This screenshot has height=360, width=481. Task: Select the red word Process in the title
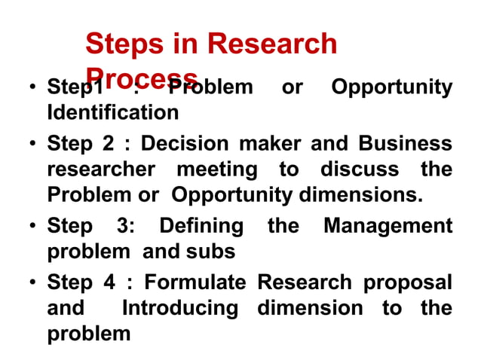pyautogui.click(x=142, y=75)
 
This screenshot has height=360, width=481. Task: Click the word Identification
pyautogui.click(x=113, y=114)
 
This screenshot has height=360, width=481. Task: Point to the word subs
pyautogui.click(x=216, y=251)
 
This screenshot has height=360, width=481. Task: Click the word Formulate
pyautogui.click(x=195, y=282)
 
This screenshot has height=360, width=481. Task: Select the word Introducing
pyautogui.click(x=179, y=308)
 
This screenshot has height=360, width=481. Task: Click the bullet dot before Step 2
pyautogui.click(x=33, y=144)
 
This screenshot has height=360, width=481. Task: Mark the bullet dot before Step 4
pyautogui.click(x=33, y=284)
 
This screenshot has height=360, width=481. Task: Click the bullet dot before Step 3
pyautogui.click(x=33, y=227)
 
